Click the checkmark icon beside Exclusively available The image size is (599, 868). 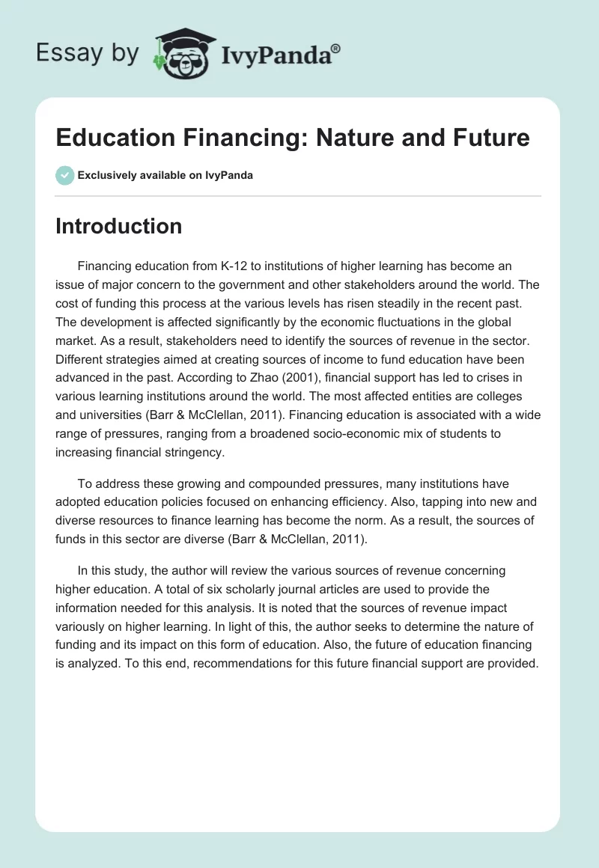(x=64, y=175)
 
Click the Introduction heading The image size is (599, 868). (x=118, y=226)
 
